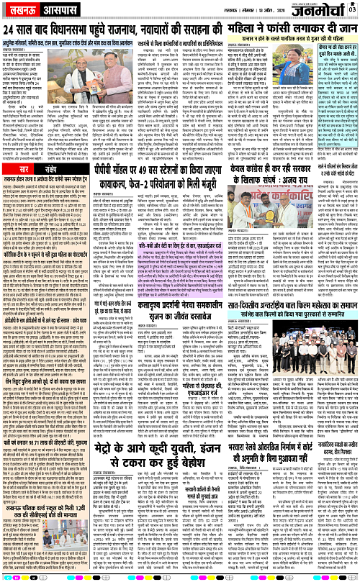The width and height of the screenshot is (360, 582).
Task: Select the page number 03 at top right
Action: point(353,8)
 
